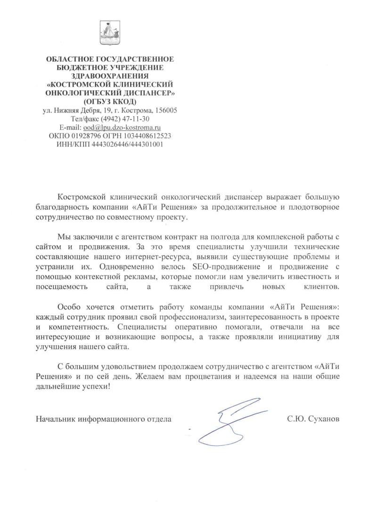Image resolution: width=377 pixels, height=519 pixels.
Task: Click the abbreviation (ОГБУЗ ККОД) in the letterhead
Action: pos(109,102)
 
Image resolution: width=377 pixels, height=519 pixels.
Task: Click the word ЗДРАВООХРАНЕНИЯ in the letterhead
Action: pos(109,76)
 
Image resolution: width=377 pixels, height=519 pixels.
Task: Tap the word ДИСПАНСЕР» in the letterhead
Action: pos(145,93)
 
